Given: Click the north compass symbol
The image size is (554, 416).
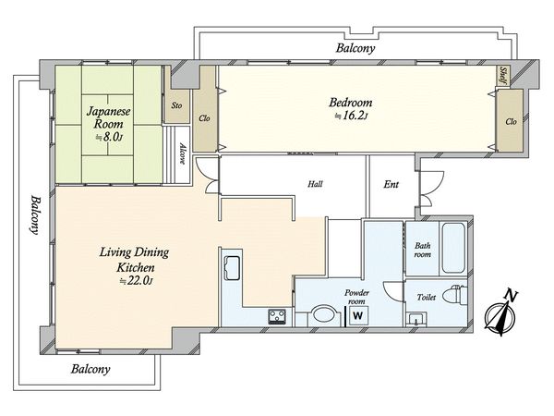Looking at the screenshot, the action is pyautogui.click(x=500, y=313).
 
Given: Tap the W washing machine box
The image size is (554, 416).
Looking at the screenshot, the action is pyautogui.click(x=358, y=315).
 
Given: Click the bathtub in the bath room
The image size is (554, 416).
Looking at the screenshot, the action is pyautogui.click(x=453, y=248).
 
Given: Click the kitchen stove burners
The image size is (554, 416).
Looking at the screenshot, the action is pyautogui.click(x=277, y=316).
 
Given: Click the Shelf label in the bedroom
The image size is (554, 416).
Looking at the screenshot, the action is pyautogui.click(x=503, y=77).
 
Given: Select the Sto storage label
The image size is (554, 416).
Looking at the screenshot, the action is pyautogui.click(x=176, y=105).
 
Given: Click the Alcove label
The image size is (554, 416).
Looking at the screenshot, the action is pyautogui.click(x=182, y=153).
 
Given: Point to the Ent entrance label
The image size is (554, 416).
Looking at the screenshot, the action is pyautogui.click(x=391, y=184).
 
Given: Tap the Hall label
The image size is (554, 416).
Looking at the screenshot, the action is pyautogui.click(x=315, y=184).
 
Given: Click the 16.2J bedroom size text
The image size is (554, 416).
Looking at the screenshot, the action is pyautogui.click(x=352, y=116).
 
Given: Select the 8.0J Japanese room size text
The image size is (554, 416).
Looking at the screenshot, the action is pyautogui.click(x=109, y=137).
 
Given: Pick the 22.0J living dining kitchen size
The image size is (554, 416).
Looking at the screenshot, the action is pyautogui.click(x=136, y=281).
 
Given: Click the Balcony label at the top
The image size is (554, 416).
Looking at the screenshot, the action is pyautogui.click(x=355, y=48).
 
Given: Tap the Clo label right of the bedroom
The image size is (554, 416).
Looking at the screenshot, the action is pyautogui.click(x=511, y=122).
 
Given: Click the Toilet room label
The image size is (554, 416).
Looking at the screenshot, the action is pyautogui.click(x=426, y=297).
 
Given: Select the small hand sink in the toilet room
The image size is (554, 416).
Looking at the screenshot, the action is pyautogui.click(x=416, y=319).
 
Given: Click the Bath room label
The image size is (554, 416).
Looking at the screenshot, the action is pyautogui.click(x=423, y=250).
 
